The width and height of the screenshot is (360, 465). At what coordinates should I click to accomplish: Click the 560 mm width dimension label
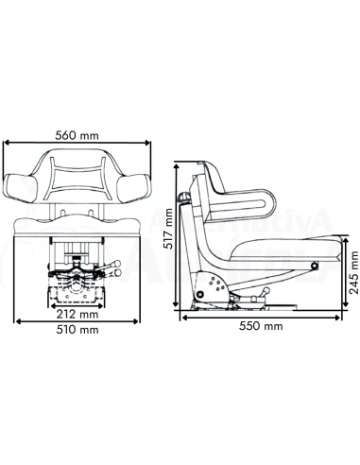coord(77,134)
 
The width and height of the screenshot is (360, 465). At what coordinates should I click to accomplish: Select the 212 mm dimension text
coord(77,314)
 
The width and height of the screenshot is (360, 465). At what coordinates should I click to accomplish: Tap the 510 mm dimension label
coord(77,330)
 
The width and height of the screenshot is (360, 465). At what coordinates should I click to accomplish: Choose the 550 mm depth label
coord(261,327)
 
